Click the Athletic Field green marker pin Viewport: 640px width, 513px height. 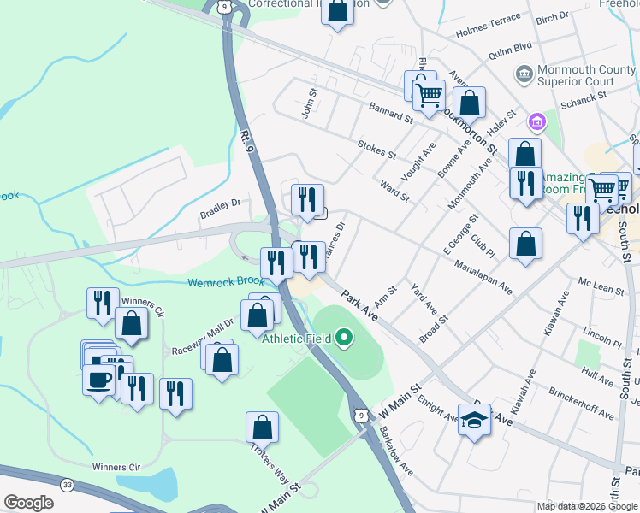coord(345,339)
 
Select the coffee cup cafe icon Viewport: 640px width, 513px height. coord(98,379)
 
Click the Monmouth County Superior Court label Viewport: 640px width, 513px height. coord(575,75)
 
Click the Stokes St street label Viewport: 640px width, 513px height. coord(376,150)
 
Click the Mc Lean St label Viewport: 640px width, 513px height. coord(601,285)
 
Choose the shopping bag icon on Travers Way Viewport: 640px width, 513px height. coord(262,427)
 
